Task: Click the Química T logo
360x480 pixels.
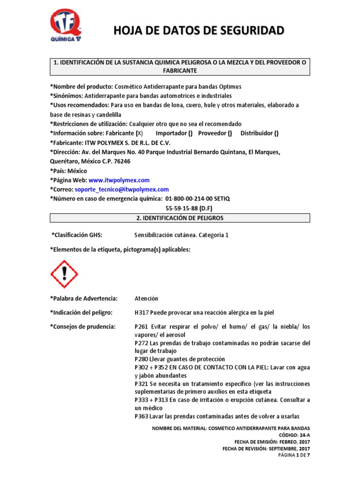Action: [x=65, y=26]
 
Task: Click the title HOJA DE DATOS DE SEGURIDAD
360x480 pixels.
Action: [x=199, y=31]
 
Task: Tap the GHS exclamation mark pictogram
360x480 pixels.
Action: [x=64, y=274]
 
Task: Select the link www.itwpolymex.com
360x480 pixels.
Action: [x=119, y=180]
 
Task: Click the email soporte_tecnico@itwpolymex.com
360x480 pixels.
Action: [x=121, y=189]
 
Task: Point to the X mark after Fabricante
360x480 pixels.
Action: [x=139, y=133]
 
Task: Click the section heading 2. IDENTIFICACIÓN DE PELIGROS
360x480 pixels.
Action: [x=180, y=218]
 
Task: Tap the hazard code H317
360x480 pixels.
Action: [x=142, y=313]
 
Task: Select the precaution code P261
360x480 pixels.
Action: [x=141, y=326]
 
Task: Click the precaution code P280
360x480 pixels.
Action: [x=141, y=359]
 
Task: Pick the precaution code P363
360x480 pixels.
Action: [x=141, y=416]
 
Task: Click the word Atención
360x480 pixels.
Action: [x=146, y=299]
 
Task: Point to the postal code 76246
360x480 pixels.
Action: [x=121, y=161]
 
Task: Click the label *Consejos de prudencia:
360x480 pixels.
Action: [x=82, y=326]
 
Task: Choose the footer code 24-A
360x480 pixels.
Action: [x=305, y=435]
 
